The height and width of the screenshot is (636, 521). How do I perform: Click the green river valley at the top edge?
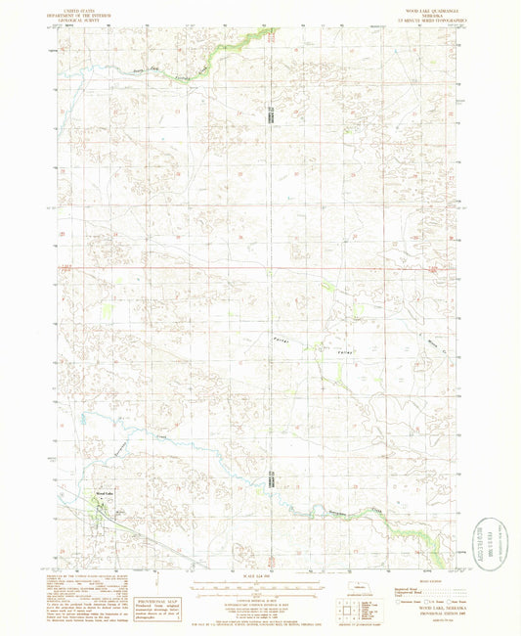(250, 36)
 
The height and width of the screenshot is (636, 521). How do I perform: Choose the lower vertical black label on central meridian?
(270, 479)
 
